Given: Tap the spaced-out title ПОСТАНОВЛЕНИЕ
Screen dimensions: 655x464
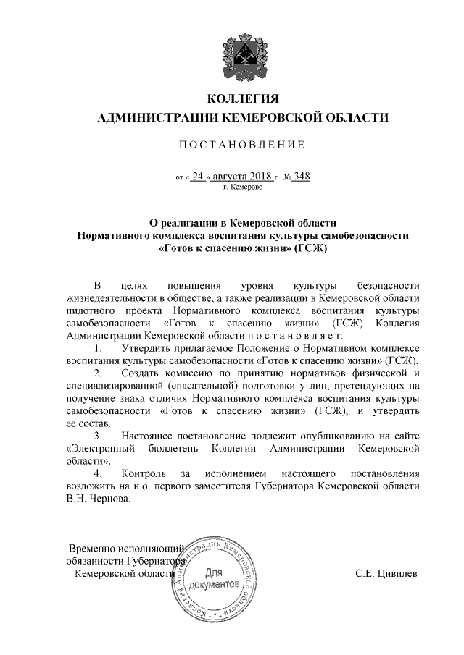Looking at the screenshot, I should pos(242,145).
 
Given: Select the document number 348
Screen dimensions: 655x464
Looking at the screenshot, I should pos(301,176).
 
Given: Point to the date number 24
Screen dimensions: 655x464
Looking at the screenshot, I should pos(199,176).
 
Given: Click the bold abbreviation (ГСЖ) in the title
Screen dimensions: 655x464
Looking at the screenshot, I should pos(310,250).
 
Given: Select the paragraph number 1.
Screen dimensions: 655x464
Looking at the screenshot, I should pos(98,347).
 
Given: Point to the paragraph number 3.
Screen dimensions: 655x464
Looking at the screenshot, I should pos(98,436).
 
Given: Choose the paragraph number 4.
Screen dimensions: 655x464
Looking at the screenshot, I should pos(98,473).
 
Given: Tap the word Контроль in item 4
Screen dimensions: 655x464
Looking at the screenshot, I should pos(144,473).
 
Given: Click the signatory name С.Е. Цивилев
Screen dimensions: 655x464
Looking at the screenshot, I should pos(386,573).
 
